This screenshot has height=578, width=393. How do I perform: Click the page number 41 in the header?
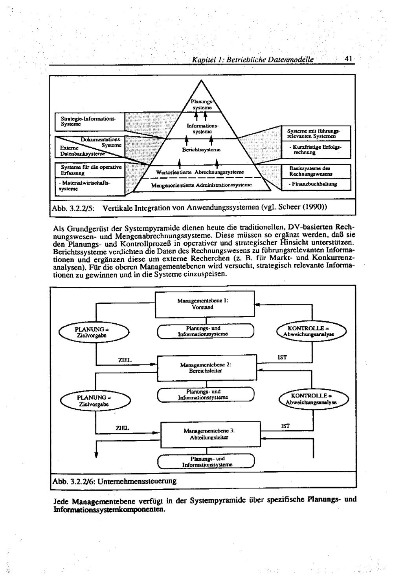(x=348, y=59)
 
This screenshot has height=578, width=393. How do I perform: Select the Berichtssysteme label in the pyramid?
(x=201, y=150)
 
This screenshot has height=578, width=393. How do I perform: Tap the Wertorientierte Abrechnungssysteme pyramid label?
(x=200, y=172)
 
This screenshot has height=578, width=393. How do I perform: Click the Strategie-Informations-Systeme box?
(x=90, y=120)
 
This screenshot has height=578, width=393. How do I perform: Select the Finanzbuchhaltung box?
(x=316, y=184)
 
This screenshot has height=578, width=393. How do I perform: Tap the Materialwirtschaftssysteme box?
(x=90, y=186)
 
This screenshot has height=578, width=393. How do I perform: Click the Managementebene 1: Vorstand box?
(x=206, y=304)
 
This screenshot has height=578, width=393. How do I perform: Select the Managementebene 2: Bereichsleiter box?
(x=206, y=368)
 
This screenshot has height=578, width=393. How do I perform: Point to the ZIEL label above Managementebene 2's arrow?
(x=125, y=360)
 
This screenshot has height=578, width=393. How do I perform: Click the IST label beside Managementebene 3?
(x=285, y=426)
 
